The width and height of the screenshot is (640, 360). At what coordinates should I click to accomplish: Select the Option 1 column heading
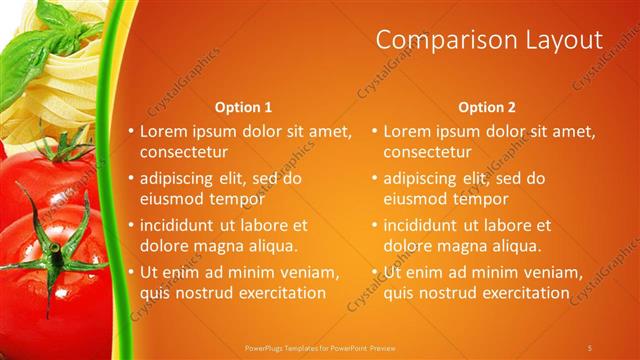point(243,107)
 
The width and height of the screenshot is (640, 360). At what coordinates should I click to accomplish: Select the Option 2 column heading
point(487,107)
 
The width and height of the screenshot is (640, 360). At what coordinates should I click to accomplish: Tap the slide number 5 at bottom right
point(591,347)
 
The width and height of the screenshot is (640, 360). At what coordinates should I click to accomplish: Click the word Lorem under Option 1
point(162,131)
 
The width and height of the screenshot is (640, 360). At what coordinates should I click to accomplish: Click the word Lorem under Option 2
point(406,131)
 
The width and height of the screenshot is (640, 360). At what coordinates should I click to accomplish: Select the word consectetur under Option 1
point(184,153)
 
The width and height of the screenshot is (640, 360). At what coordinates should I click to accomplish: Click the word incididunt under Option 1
point(182,226)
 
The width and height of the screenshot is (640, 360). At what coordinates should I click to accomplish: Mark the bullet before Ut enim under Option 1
point(131,272)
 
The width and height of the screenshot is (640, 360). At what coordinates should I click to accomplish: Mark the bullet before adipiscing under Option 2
point(375,179)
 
